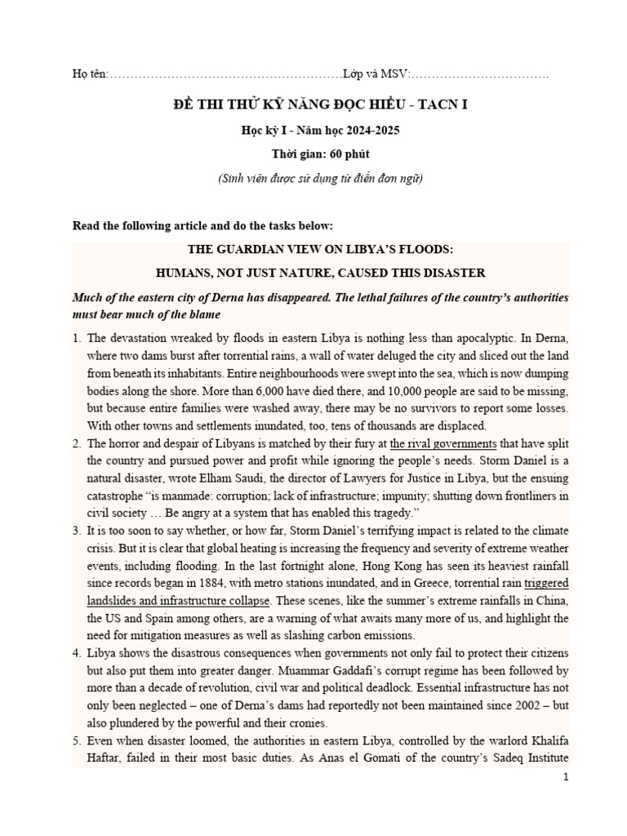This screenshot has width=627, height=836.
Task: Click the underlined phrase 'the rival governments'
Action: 443,444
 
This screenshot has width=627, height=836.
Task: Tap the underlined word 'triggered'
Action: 546,584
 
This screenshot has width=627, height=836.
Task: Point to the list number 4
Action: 77,654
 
